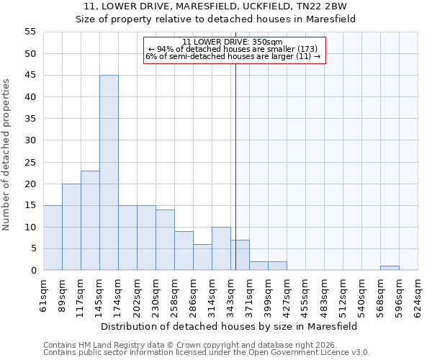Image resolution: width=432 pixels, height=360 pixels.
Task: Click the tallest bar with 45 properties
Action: click(x=109, y=173)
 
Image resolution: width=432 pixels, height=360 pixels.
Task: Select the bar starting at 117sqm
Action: click(x=90, y=220)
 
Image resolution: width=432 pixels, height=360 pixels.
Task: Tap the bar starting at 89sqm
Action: click(x=71, y=227)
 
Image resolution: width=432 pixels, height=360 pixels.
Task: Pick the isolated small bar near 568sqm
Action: click(x=390, y=268)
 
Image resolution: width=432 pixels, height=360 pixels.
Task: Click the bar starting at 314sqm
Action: click(x=221, y=248)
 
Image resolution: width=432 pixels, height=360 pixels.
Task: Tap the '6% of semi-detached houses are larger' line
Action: click(x=233, y=56)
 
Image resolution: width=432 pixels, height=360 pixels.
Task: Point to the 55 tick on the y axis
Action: click(x=30, y=32)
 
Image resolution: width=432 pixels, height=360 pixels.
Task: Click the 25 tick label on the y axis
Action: click(x=30, y=162)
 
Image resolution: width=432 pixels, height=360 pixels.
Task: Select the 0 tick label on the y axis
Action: click(x=33, y=271)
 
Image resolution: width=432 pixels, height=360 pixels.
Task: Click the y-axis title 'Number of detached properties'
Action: click(x=6, y=156)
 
